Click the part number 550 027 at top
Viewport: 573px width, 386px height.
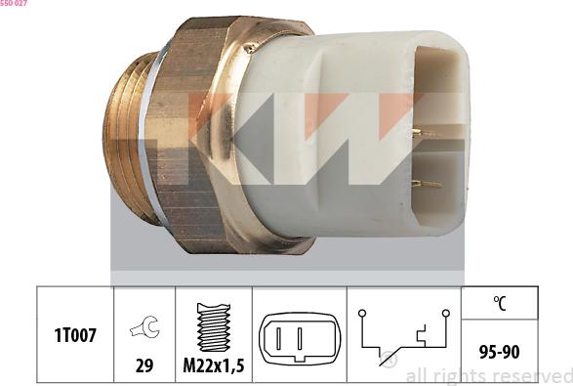click(x=14, y=4)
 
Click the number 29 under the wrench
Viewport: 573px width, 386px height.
click(x=144, y=366)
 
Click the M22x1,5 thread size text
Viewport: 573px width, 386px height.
click(x=214, y=366)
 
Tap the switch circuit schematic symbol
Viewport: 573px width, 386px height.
click(x=403, y=338)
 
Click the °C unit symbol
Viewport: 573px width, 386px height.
click(x=499, y=303)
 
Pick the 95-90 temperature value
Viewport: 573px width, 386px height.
click(x=499, y=350)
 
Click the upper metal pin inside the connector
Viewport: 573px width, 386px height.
click(x=428, y=132)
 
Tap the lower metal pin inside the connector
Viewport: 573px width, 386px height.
click(x=426, y=184)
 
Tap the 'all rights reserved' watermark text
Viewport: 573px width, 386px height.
click(x=488, y=375)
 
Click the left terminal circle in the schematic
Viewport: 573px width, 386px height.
click(x=360, y=312)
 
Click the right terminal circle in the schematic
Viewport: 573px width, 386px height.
click(x=445, y=312)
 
